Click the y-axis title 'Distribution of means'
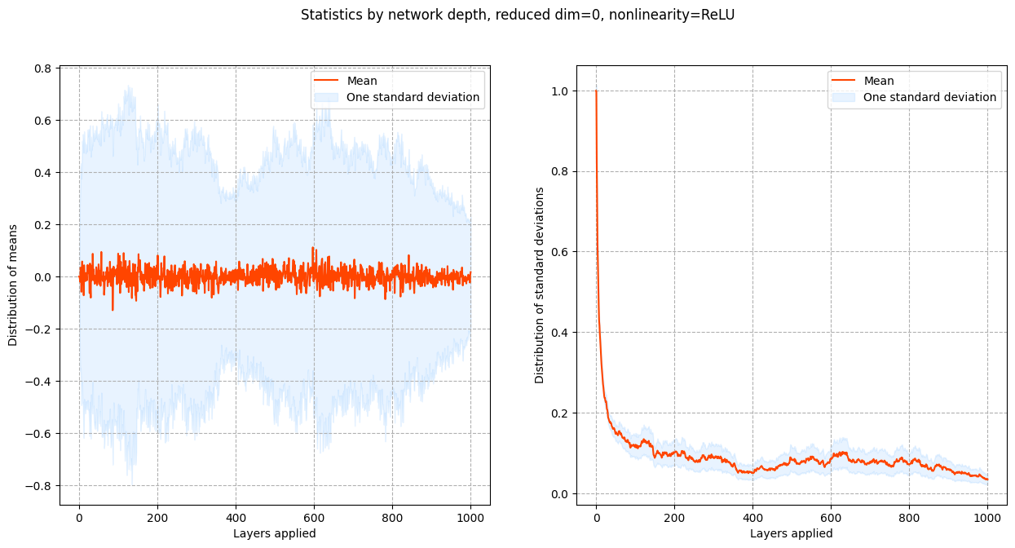pyautogui.click(x=13, y=276)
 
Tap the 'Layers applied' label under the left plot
pyautogui.click(x=275, y=533)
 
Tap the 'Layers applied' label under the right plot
pyautogui.click(x=792, y=533)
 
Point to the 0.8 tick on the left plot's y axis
pyautogui.click(x=42, y=68)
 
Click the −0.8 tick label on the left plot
pyautogui.click(x=38, y=486)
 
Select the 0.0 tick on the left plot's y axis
pyautogui.click(x=42, y=277)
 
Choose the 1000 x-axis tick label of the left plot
pyautogui.click(x=470, y=517)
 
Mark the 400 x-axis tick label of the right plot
pyautogui.click(x=752, y=517)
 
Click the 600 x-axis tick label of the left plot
pyautogui.click(x=314, y=517)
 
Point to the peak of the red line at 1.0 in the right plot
pyautogui.click(x=596, y=91)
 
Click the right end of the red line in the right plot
pyautogui.click(x=987, y=479)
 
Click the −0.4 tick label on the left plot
pyautogui.click(x=38, y=382)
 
